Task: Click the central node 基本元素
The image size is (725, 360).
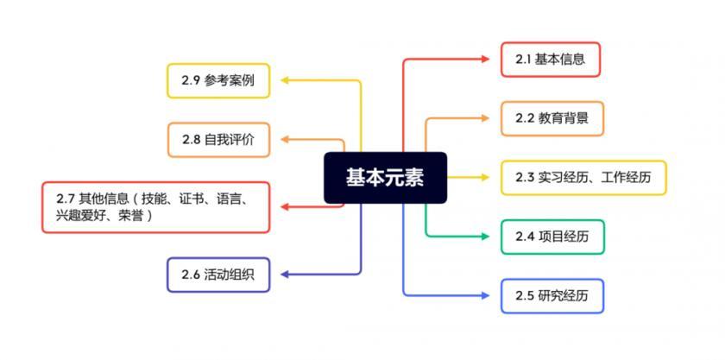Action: [385, 178]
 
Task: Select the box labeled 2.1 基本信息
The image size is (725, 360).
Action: [551, 60]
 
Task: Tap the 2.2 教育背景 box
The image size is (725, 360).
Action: [552, 118]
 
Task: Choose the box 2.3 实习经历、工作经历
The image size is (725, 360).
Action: [583, 178]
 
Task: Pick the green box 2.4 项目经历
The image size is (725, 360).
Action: [552, 237]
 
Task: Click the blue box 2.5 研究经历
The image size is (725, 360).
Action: [552, 295]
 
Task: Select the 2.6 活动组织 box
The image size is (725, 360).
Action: [218, 275]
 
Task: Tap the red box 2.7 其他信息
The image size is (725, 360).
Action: [156, 207]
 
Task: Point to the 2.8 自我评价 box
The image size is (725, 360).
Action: [218, 140]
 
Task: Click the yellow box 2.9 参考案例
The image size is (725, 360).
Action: [218, 80]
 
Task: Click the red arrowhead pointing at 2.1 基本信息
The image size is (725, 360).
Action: [485, 60]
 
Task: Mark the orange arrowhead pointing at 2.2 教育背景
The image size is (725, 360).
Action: [485, 118]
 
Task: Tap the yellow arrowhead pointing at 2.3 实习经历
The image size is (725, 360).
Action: [485, 177]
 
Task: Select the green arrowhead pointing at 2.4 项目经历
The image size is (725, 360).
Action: [485, 237]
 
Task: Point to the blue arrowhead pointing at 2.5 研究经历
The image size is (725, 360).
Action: [485, 295]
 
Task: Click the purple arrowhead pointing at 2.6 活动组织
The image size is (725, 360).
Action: [286, 275]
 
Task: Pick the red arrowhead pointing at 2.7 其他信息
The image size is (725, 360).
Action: [286, 207]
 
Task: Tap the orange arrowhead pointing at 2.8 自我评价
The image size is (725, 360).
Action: [286, 139]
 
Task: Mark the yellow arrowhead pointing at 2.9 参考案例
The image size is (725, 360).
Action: [286, 80]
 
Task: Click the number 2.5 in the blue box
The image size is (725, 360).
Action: [526, 296]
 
